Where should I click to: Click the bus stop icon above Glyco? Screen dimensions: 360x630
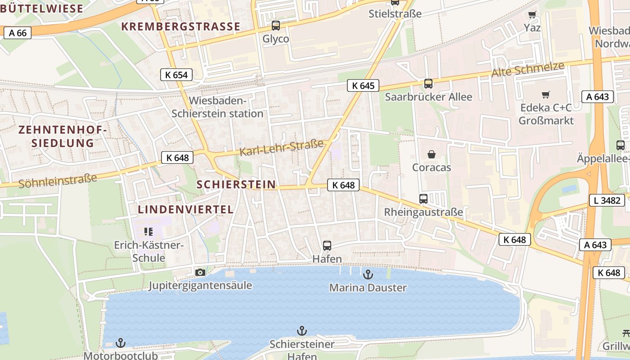click(x=275, y=26)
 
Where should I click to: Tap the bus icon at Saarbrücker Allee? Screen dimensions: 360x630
click(x=428, y=83)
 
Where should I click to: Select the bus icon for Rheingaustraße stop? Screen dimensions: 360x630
click(x=423, y=198)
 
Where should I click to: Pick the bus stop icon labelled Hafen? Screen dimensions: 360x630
click(x=327, y=246)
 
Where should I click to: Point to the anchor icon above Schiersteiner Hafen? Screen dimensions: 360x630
click(x=301, y=331)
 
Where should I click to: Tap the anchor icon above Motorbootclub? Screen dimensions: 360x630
click(x=121, y=342)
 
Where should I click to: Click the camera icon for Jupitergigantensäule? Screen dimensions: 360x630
click(x=200, y=272)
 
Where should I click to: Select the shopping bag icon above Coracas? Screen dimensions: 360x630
click(x=432, y=154)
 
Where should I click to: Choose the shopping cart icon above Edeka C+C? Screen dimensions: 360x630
click(x=546, y=94)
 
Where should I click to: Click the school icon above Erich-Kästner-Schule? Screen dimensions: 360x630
click(x=148, y=232)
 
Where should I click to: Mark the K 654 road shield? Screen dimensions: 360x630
click(x=176, y=75)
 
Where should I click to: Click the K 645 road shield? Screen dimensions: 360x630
click(x=363, y=85)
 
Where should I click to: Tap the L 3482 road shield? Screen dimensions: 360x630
click(x=607, y=200)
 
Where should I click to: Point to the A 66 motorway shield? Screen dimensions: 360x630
click(x=18, y=33)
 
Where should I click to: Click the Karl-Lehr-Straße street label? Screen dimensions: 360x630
click(x=281, y=148)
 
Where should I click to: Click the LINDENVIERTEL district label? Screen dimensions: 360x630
click(x=185, y=209)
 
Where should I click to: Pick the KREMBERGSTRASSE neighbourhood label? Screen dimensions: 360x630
click(x=181, y=27)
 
